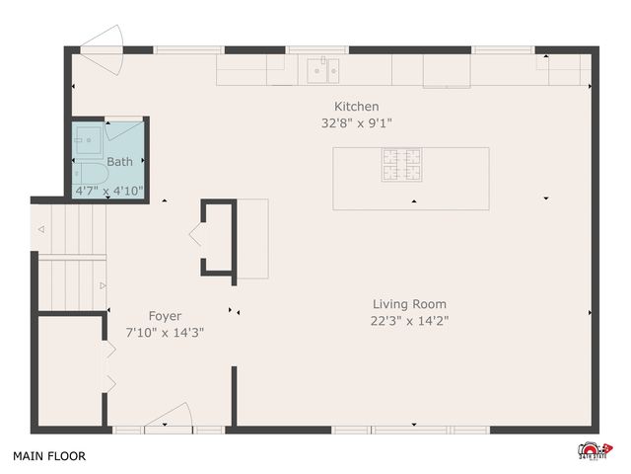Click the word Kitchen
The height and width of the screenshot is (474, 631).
click(x=356, y=107)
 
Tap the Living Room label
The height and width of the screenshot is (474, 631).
click(x=409, y=304)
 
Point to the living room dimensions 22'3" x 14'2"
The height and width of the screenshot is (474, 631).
click(x=409, y=320)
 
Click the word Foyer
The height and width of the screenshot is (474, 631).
click(x=165, y=316)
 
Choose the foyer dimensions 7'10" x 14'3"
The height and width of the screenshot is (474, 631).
click(x=165, y=333)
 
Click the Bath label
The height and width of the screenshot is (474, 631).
click(x=119, y=162)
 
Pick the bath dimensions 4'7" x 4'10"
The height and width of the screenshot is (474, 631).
click(x=109, y=190)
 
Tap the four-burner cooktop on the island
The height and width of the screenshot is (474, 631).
click(x=401, y=163)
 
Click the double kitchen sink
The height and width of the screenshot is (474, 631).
click(x=323, y=69)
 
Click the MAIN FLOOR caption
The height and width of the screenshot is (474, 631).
click(x=48, y=456)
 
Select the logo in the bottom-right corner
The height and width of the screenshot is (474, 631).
click(x=594, y=449)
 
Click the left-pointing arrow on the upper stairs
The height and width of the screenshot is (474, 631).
click(x=41, y=230)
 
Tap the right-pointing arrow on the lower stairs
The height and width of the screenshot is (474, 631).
click(x=102, y=286)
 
